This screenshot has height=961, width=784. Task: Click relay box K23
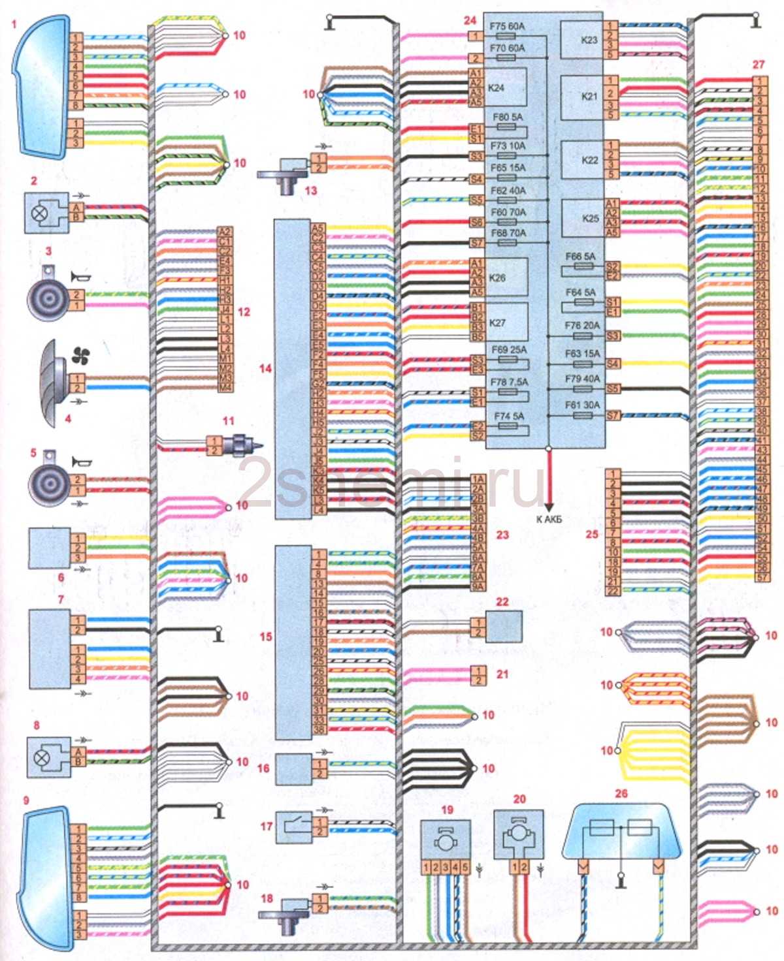[581, 40]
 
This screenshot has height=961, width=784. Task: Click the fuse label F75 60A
[507, 27]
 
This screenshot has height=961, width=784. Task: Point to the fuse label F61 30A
[582, 405]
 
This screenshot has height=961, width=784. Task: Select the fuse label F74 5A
[509, 416]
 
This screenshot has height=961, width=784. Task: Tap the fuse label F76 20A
[582, 325]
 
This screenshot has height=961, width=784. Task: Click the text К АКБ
[549, 520]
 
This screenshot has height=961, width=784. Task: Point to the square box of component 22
[504, 627]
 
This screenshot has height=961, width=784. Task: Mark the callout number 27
[758, 65]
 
